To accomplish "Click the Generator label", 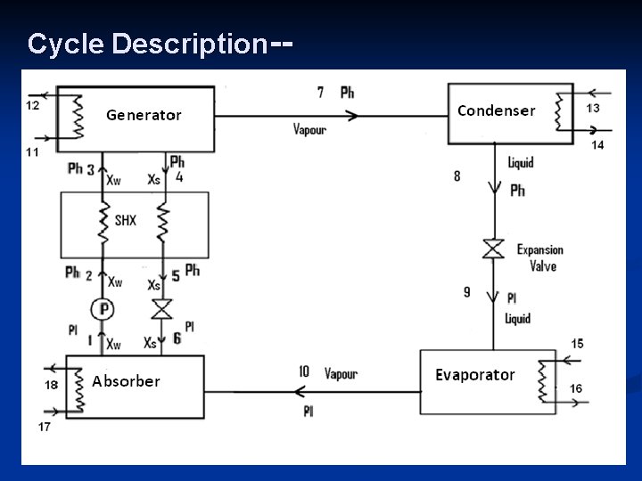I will pos(144,115).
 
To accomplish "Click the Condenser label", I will pos(496,110).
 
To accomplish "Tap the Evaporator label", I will pos(474,375).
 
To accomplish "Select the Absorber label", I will pos(126,381).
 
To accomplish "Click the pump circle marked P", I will pos(104,309).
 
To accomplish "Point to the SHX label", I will pos(126,219).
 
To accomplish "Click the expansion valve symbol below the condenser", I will pos(493,249).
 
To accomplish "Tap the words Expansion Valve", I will pos(539,257).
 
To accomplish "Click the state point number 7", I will pos(321,92).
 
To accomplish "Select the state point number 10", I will pos(304,371).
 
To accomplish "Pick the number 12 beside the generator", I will pos(32,105).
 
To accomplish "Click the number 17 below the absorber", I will pos(45,427).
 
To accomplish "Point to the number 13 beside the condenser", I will pos(593,108).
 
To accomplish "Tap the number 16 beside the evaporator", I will pos(576,388).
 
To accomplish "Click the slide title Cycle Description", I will pos(147,43).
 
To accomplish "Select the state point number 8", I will pos(457,176).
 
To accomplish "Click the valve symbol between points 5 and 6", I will pos(161,310).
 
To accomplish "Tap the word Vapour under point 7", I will pos(309,129).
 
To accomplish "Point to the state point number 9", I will pos(467,291).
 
